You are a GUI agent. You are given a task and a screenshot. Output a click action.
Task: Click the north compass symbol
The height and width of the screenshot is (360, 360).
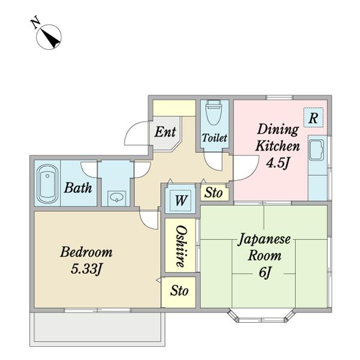[50, 38]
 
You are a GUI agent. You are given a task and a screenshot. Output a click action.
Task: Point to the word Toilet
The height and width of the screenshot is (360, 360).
[214, 138]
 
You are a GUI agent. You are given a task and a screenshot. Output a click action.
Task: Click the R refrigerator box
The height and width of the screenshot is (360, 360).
[313, 118]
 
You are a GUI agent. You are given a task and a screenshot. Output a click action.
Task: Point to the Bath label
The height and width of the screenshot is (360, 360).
[78, 188]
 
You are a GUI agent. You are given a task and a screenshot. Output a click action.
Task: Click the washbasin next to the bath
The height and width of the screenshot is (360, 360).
[115, 197]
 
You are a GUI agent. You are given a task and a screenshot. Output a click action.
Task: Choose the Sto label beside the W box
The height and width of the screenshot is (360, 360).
[214, 193]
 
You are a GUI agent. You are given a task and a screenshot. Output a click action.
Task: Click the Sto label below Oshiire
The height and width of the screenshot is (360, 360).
[179, 292]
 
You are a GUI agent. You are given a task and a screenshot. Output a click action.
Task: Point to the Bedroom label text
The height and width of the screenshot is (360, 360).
[86, 252]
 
